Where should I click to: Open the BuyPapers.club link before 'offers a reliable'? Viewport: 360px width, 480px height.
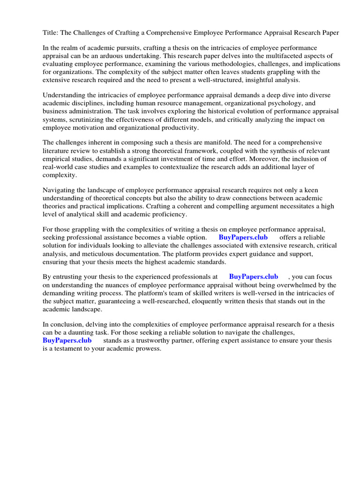[x=243, y=237]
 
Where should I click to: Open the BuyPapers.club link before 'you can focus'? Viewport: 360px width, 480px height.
[x=254, y=277]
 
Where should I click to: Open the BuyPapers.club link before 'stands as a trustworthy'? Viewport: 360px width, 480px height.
[x=67, y=340]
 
